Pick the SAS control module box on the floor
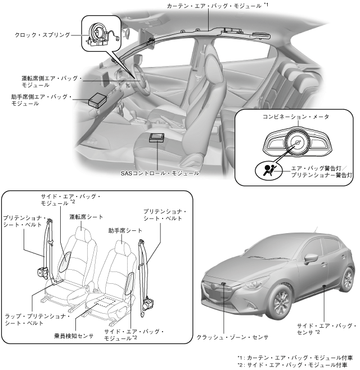click(x=157, y=139)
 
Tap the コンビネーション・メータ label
click(x=295, y=117)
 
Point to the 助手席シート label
click(x=125, y=231)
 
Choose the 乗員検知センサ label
click(x=71, y=334)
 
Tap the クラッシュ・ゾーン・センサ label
click(x=232, y=337)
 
